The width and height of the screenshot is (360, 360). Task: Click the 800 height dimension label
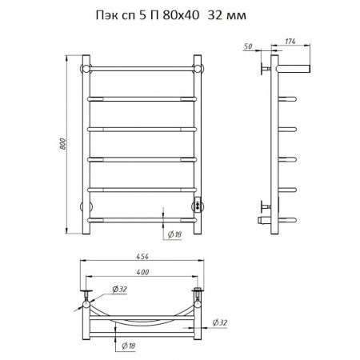click(x=63, y=143)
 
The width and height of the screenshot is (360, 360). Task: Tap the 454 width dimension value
click(x=142, y=257)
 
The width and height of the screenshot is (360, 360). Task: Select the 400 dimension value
click(x=142, y=272)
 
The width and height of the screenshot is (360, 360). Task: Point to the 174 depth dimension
click(x=290, y=42)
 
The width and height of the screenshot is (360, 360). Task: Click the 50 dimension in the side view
click(x=248, y=46)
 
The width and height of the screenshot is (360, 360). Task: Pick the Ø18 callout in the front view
click(x=174, y=234)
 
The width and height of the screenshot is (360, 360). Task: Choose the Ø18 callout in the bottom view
click(x=129, y=346)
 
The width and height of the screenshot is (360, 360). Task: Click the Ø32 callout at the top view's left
click(x=119, y=289)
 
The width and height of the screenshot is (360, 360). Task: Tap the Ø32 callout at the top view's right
click(x=220, y=322)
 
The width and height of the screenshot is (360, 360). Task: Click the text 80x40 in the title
click(x=181, y=16)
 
